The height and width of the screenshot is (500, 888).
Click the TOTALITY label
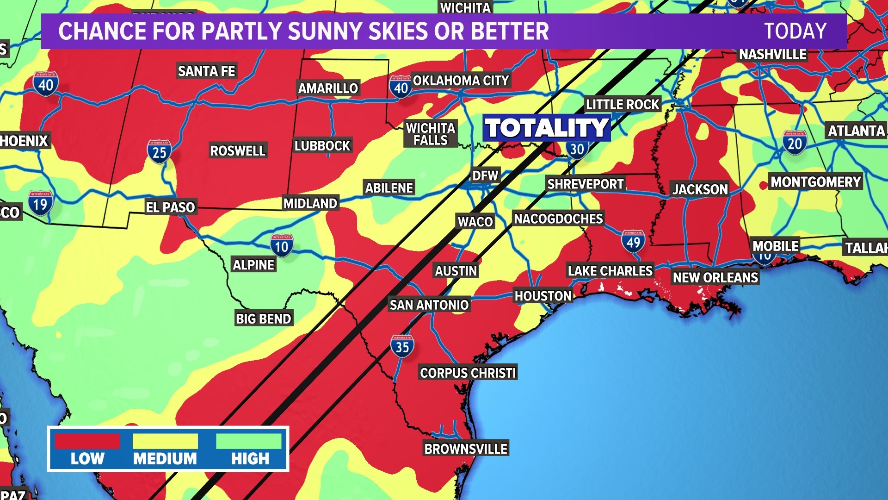547,128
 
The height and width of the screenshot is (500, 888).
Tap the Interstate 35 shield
402,346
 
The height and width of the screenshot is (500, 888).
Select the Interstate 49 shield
633,241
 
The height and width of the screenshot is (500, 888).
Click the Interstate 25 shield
159,151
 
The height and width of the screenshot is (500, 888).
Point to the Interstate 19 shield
40,203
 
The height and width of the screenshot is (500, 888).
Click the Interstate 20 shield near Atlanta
795,143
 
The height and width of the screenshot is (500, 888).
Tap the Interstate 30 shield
577,150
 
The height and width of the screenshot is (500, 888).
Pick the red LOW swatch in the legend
87,441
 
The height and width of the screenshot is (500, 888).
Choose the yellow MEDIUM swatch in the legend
165,441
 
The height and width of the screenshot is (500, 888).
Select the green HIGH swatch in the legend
249,441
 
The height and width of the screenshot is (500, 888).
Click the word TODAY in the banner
795,31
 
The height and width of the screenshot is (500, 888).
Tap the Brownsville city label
466,449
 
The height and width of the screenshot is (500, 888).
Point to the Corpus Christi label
468,373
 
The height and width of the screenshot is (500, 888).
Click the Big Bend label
263,319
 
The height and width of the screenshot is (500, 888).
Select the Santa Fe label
206,71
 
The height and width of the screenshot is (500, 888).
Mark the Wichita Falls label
431,134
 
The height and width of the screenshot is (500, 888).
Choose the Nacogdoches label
558,219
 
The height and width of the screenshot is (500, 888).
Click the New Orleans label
715,277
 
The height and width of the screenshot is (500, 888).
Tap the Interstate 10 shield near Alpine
282,246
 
